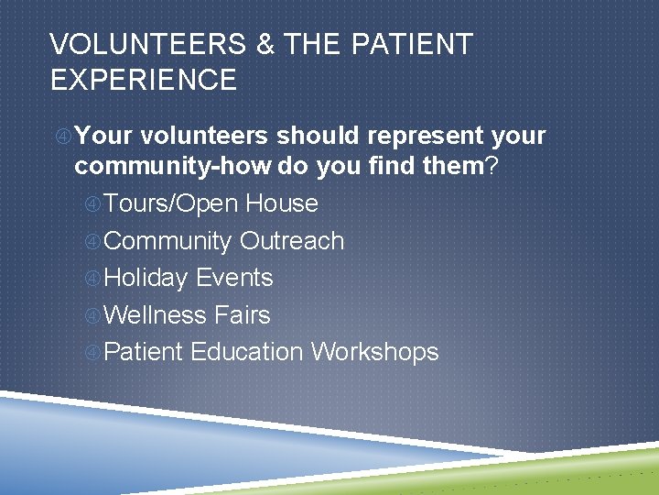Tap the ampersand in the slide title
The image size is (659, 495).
tap(266, 44)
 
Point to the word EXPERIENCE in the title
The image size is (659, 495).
tap(144, 81)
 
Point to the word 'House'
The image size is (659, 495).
tap(282, 203)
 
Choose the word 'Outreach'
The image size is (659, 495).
tap(292, 241)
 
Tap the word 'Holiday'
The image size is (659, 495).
tap(147, 278)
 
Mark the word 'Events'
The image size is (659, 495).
tap(234, 278)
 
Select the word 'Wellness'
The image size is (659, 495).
tap(156, 315)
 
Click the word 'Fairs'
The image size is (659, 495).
tap(242, 315)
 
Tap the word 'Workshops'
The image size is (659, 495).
tap(374, 352)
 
